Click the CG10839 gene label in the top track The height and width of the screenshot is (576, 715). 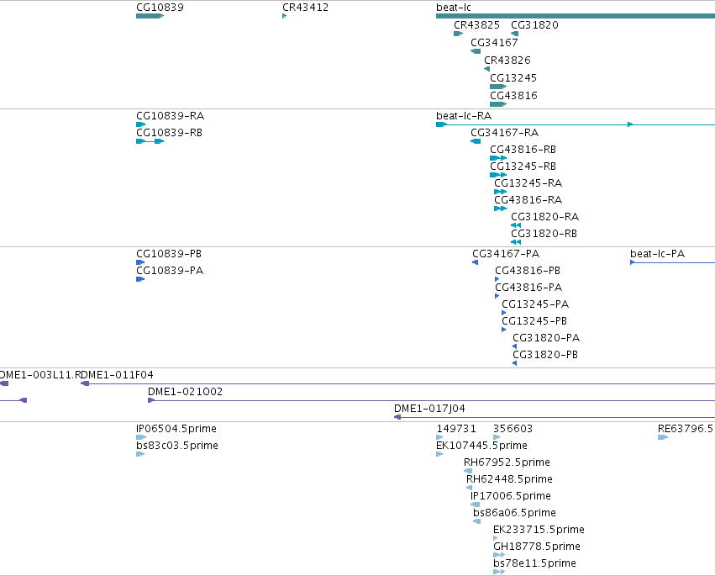160,8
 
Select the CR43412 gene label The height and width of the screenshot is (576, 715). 305,8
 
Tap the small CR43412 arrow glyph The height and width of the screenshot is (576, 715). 285,16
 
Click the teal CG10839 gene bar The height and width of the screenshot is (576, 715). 150,16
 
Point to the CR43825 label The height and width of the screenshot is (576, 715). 476,25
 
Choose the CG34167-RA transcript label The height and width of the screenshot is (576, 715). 504,133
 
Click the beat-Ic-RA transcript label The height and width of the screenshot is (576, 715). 464,116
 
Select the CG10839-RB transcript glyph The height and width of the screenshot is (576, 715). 150,141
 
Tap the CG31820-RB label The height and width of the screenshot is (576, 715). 544,234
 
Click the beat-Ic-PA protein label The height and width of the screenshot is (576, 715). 657,254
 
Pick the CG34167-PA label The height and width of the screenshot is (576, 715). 506,254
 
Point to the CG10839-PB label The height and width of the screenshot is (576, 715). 169,254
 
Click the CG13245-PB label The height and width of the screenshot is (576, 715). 534,321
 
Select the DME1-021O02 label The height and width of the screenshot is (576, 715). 185,392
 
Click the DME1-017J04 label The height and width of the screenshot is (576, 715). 429,409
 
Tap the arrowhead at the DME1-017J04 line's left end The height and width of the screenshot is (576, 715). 397,417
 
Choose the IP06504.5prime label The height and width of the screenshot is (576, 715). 176,429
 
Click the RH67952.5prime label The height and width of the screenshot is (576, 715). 507,462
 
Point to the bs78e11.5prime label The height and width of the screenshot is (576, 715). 534,563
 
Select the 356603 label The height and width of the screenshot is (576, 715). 513,429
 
